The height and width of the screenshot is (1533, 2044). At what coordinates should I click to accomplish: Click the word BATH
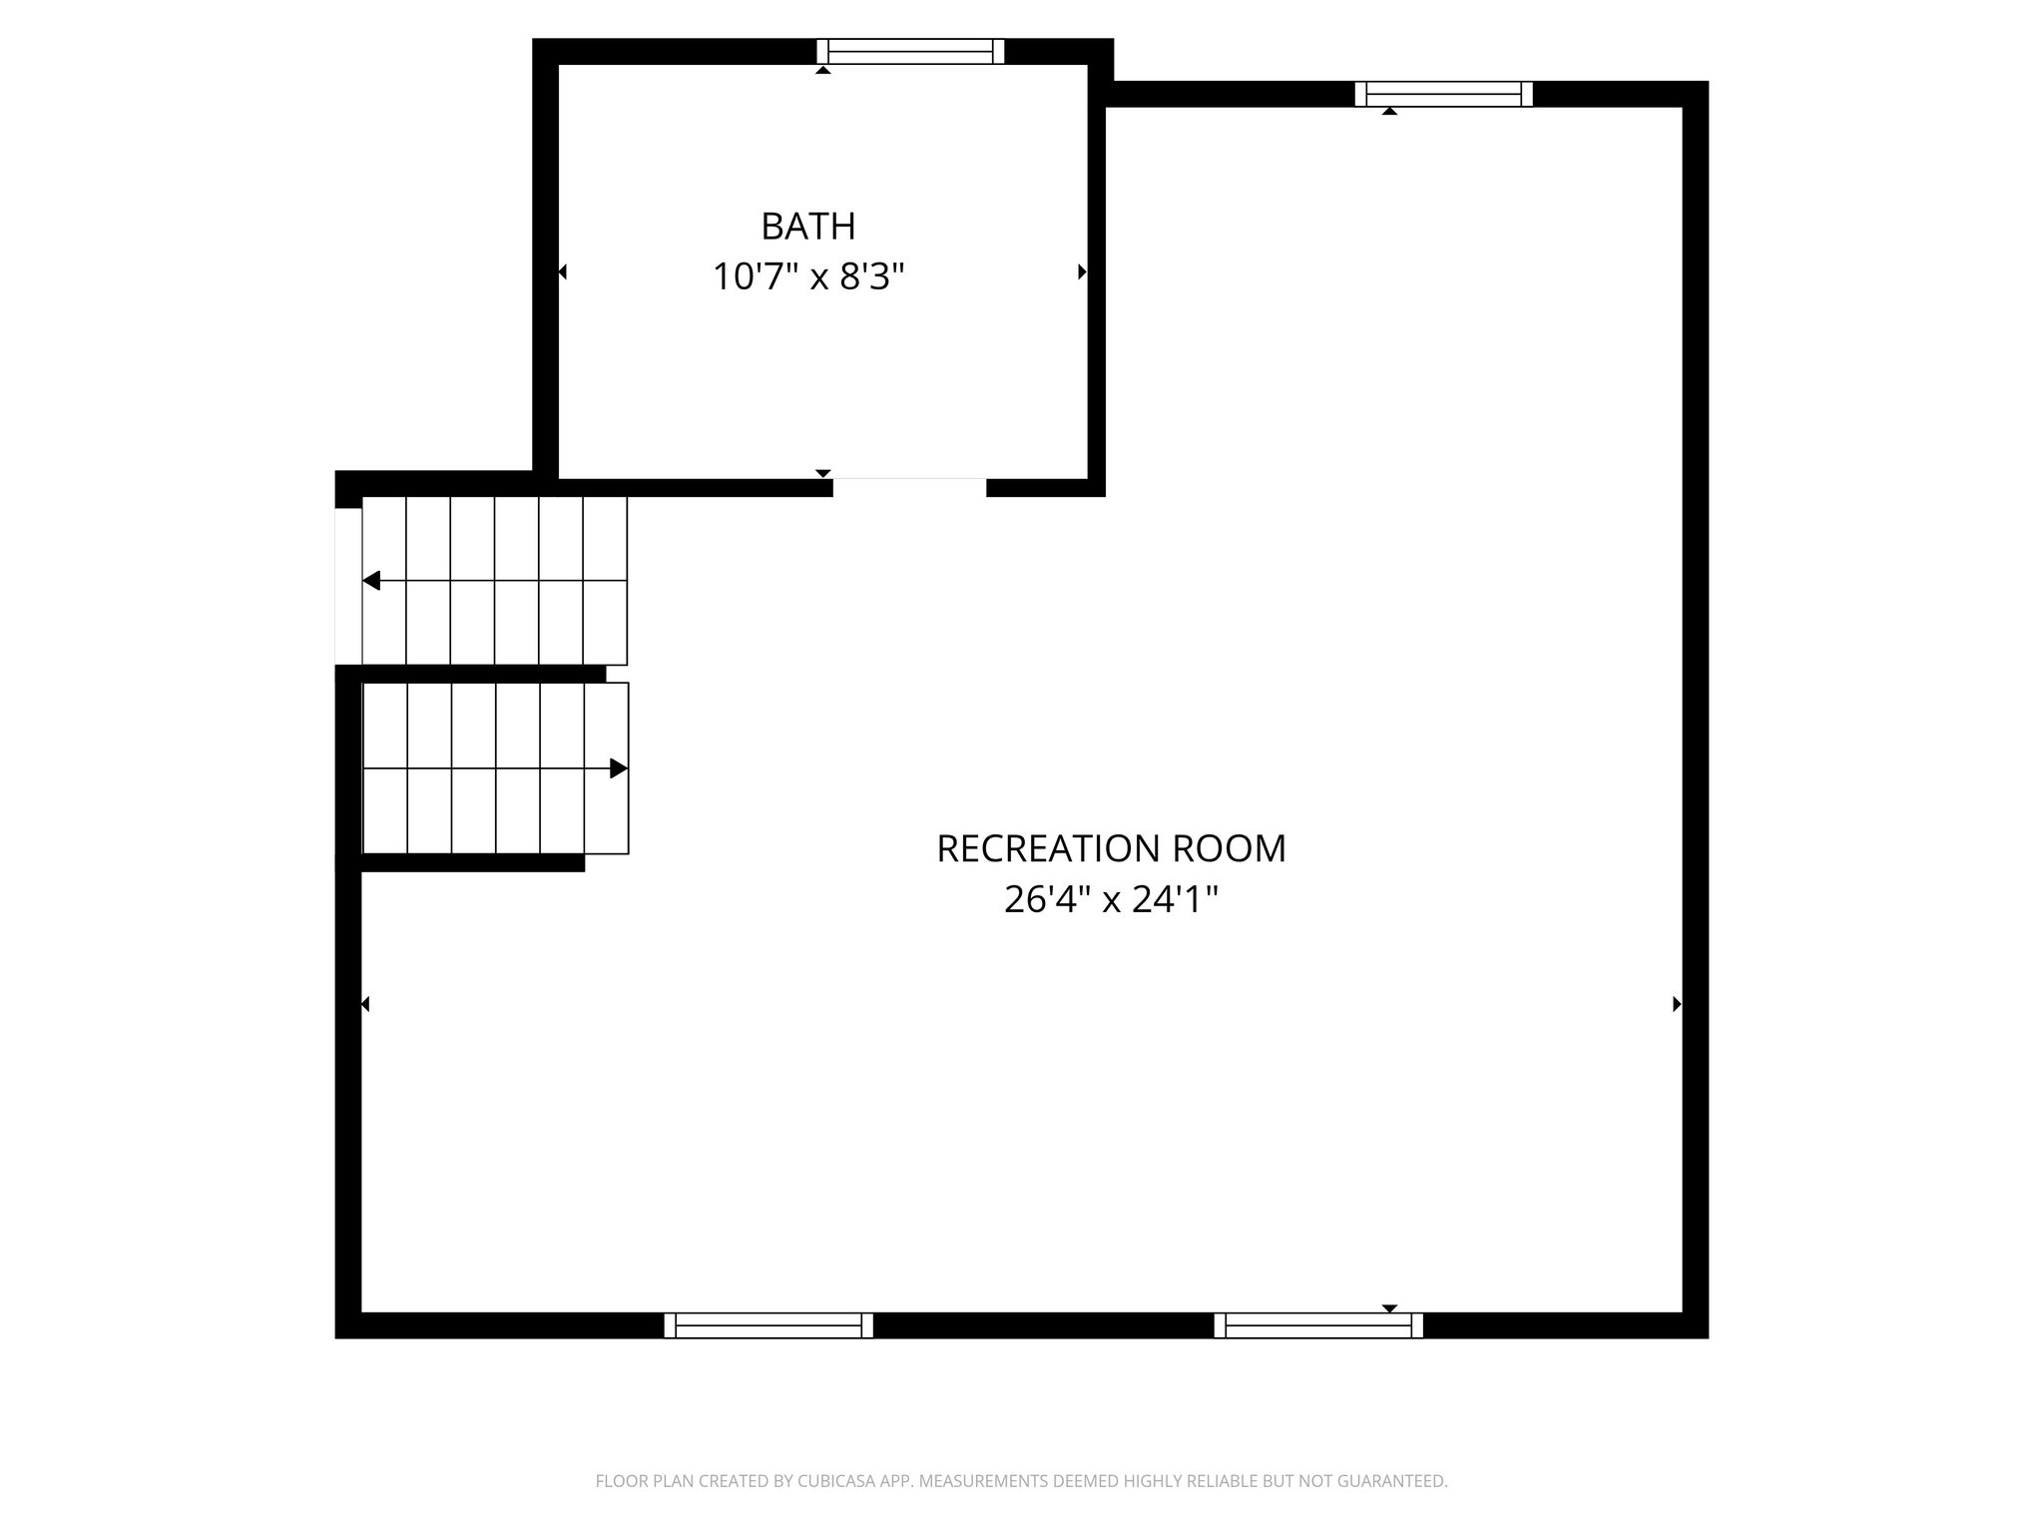click(807, 227)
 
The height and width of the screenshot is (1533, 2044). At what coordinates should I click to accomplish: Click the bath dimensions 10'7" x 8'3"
click(807, 276)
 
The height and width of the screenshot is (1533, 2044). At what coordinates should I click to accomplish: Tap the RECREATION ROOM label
click(1111, 848)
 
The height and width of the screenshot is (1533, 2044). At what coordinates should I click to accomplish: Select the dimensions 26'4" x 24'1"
click(1111, 900)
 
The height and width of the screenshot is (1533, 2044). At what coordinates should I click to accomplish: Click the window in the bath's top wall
click(910, 51)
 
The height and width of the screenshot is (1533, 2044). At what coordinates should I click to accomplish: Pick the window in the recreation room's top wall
click(1443, 94)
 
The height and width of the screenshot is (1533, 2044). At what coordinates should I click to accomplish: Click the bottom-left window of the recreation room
click(768, 1324)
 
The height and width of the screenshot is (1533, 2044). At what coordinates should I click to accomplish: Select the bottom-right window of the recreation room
click(1318, 1324)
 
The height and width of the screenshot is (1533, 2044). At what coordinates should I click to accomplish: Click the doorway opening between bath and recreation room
click(909, 487)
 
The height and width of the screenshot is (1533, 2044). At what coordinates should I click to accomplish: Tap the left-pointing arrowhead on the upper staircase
click(371, 581)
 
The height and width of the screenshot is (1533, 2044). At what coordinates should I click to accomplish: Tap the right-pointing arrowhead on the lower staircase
click(619, 768)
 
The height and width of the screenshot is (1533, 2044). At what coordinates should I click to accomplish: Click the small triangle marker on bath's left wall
click(563, 271)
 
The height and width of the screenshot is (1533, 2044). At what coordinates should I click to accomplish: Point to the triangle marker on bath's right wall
click(1082, 271)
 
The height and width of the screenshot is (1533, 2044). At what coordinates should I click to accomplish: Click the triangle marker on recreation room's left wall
click(365, 1004)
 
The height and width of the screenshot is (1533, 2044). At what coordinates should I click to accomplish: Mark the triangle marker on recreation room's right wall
click(1677, 1004)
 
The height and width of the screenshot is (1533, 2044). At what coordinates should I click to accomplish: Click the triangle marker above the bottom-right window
click(1389, 1307)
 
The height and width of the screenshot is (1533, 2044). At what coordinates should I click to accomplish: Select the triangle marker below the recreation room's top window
click(1389, 112)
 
